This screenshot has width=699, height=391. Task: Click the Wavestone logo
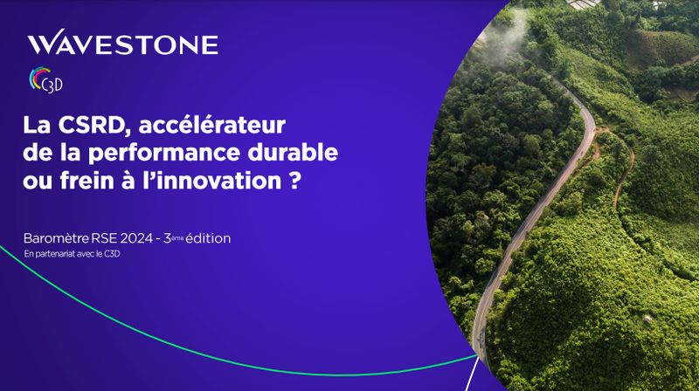(x=122, y=42)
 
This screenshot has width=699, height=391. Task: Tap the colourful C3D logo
(x=46, y=79)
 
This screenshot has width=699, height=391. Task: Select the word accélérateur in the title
(x=212, y=125)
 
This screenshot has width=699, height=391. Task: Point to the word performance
(x=164, y=154)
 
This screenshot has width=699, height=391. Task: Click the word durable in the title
(x=293, y=153)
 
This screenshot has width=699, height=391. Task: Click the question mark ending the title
(x=294, y=181)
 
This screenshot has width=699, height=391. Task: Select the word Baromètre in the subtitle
(x=56, y=238)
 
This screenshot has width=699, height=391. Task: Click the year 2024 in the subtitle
(x=136, y=238)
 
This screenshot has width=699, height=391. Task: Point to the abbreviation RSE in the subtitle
(x=104, y=238)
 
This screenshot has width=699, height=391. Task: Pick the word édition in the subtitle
(x=208, y=238)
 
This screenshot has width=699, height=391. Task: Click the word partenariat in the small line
(x=56, y=254)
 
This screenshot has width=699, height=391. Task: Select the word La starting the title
(x=37, y=125)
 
